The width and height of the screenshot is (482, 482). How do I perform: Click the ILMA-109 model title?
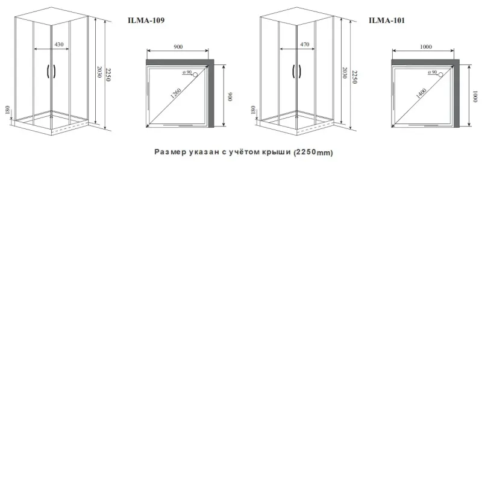tap(146, 20)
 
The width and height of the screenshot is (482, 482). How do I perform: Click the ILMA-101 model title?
tap(387, 20)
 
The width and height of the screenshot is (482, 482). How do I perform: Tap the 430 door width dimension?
tap(59, 45)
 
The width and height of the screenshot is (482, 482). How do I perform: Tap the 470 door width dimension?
tap(305, 45)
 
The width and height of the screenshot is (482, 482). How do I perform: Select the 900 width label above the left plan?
tap(178, 47)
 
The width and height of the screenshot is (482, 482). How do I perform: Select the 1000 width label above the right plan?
tap(426, 47)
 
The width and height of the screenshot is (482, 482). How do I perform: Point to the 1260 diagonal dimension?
tap(176, 93)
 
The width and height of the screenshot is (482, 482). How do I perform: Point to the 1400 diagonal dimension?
tap(421, 93)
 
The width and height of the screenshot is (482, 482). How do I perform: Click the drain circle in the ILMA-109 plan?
tap(195, 74)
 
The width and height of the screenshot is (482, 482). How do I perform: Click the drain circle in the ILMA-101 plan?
tap(440, 74)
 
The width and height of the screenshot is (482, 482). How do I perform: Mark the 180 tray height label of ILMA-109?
tap(7, 110)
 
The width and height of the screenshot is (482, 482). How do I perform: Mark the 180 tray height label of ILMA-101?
tap(253, 110)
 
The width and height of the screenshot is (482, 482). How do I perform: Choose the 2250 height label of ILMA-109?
tap(108, 75)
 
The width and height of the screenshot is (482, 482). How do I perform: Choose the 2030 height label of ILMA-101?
tap(345, 73)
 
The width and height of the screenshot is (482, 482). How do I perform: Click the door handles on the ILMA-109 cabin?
tap(51, 71)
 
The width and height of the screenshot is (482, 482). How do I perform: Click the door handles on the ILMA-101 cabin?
tap(296, 71)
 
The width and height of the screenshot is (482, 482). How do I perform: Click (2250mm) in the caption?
tap(313, 152)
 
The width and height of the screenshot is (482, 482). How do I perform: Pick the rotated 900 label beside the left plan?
tap(230, 96)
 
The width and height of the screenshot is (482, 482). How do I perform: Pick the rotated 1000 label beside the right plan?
tap(475, 96)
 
